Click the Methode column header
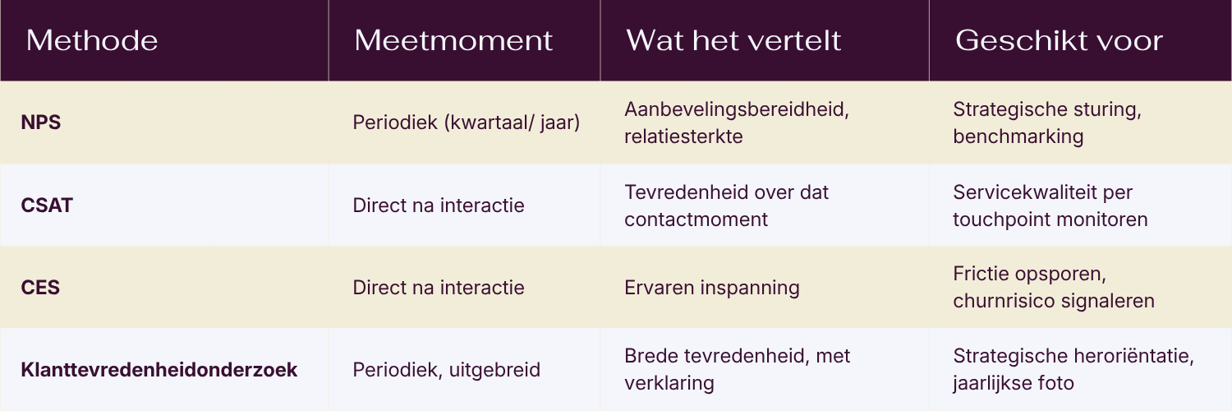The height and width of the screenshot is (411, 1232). coord(92,41)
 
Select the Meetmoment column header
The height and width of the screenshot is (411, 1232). coord(453,41)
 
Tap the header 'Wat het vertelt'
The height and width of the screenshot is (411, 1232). coord(733,41)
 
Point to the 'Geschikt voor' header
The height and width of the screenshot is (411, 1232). coord(1059,41)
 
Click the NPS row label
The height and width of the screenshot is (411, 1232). coord(41,122)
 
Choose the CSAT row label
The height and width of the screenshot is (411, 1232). coord(47,205)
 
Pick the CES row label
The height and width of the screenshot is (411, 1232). coord(40,287)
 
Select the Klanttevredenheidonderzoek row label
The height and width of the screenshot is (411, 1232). coord(159,369)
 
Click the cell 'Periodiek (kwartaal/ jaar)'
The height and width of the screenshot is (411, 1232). coord(467,122)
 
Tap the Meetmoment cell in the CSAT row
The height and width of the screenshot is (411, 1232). coord(439,205)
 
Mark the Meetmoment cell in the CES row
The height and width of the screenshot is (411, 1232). coord(439,287)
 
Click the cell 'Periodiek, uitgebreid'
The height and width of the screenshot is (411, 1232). coord(446,370)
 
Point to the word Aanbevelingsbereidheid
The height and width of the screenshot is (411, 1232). coord(734,109)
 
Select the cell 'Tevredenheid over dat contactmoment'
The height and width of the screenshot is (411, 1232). coord(726,205)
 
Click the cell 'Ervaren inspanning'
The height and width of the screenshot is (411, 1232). coord(712,288)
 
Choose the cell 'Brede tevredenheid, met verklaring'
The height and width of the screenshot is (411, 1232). coord(737,369)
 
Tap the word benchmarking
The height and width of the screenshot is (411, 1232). coord(1018,136)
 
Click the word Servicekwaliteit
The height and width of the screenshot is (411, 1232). coord(1013,192)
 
